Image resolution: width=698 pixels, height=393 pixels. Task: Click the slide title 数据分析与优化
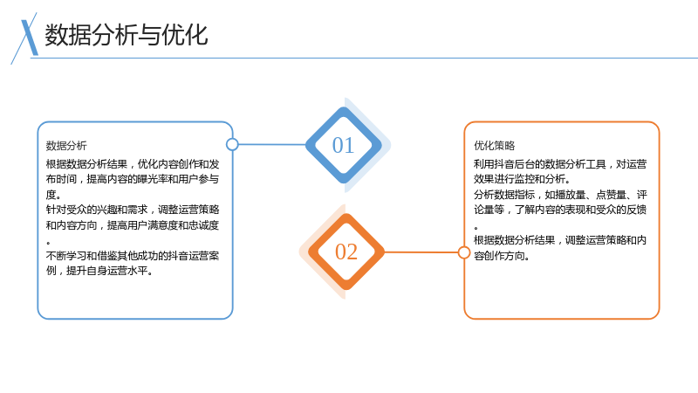click(x=126, y=35)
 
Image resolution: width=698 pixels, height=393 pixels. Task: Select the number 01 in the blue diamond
click(x=343, y=145)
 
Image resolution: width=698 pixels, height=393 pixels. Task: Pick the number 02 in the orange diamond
click(x=346, y=252)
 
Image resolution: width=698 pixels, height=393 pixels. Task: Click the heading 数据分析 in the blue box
click(x=66, y=146)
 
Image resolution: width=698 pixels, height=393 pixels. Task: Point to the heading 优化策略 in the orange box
click(x=494, y=146)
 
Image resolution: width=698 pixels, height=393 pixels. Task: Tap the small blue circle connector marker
click(x=232, y=144)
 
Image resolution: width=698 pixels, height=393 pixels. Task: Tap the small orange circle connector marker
click(x=464, y=252)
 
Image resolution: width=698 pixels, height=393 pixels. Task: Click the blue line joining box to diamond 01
click(x=272, y=144)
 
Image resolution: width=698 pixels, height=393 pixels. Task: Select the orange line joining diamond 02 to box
click(x=421, y=252)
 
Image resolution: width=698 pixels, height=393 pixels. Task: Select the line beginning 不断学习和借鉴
click(x=133, y=256)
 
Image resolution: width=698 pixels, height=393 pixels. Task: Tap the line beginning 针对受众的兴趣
click(x=133, y=210)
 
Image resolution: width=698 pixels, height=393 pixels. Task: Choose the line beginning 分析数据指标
click(x=560, y=195)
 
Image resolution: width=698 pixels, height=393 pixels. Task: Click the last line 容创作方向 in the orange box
click(x=501, y=256)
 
